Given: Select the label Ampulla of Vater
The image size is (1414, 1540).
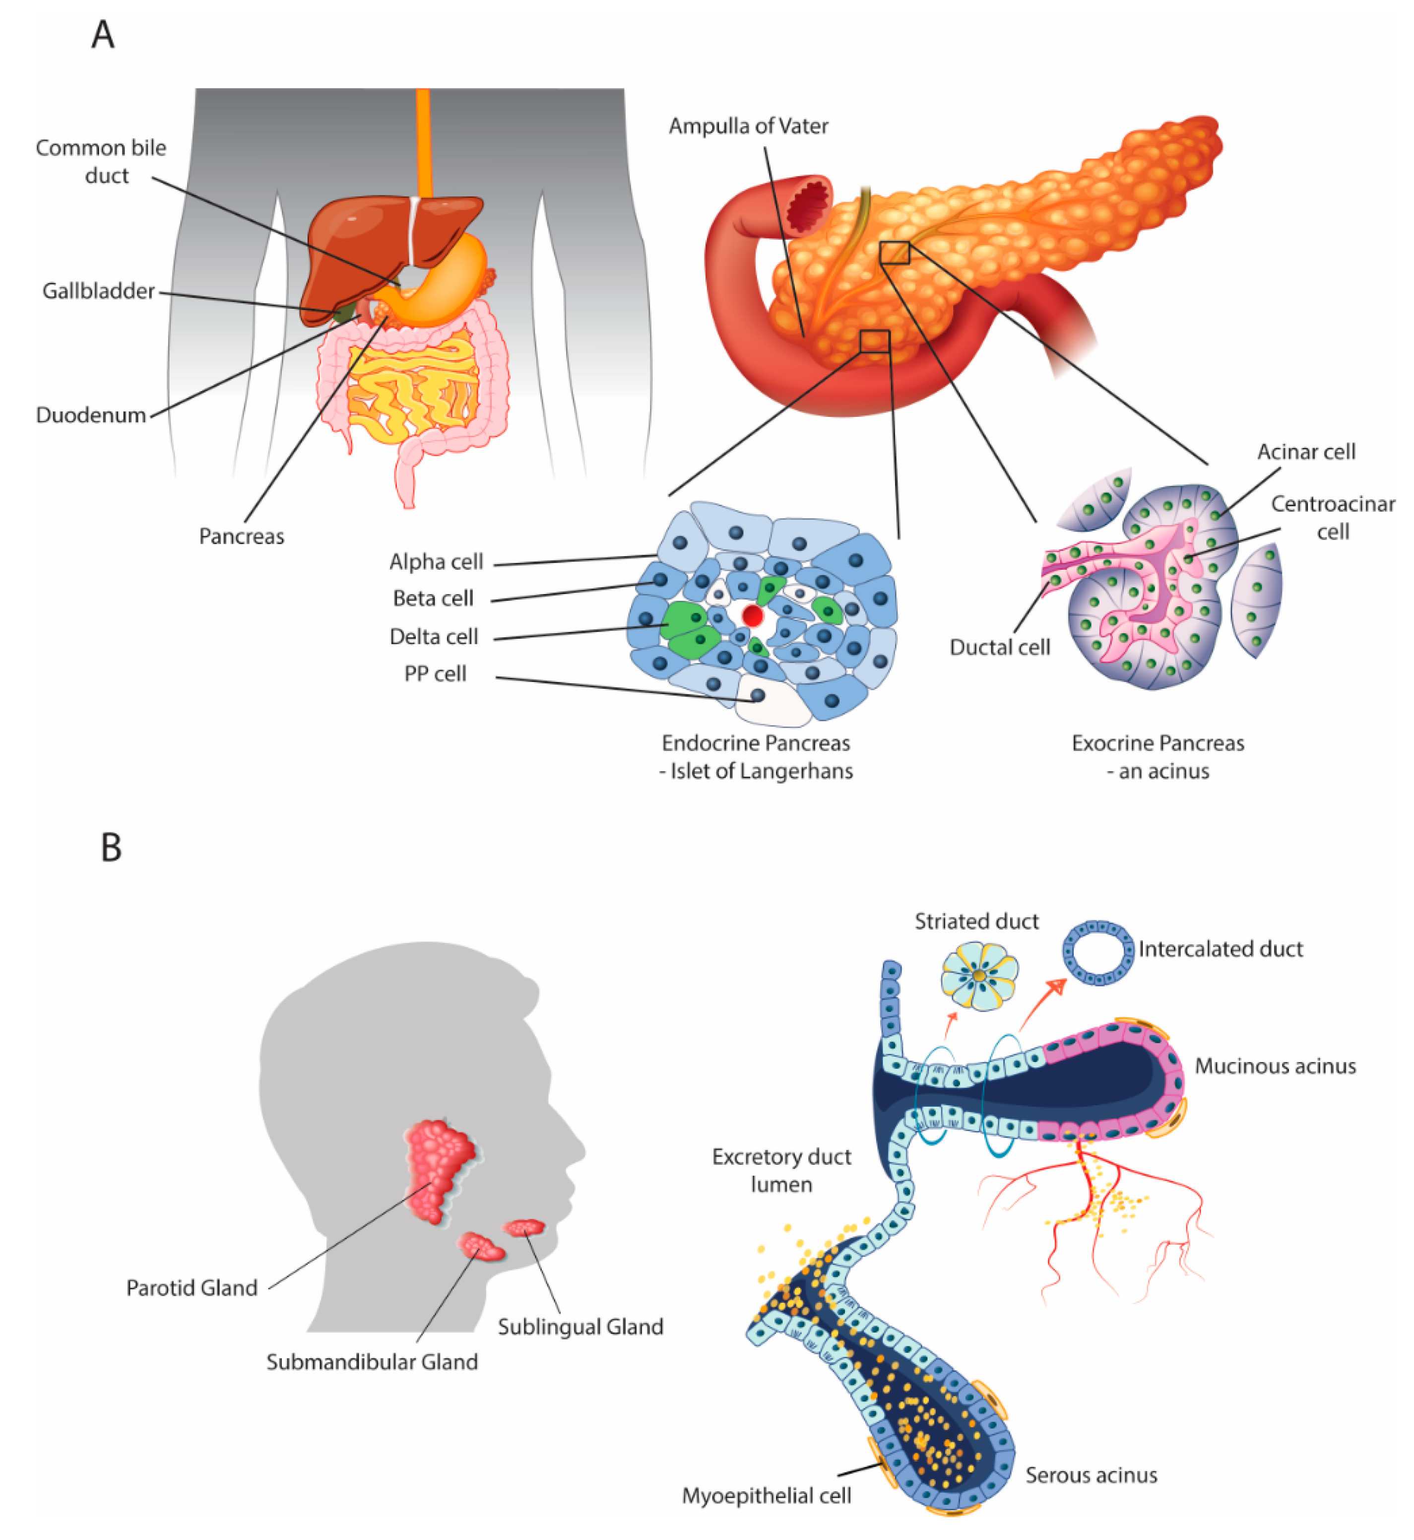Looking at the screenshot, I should [748, 126].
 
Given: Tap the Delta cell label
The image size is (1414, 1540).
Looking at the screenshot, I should [433, 637].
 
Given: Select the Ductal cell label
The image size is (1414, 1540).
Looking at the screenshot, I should [999, 648].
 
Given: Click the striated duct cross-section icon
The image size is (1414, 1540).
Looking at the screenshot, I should [979, 976].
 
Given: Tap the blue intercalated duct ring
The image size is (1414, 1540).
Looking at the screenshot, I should [1098, 953].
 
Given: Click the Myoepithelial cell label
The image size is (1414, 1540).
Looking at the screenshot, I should [766, 1496].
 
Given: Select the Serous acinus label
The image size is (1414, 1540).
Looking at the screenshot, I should [1091, 1475].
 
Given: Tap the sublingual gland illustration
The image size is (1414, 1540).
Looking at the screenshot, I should [524, 1228].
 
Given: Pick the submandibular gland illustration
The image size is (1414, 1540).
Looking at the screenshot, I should [481, 1248].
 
